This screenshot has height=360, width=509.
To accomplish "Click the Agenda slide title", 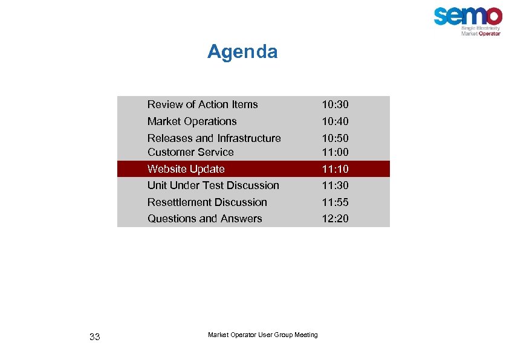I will click(242, 52).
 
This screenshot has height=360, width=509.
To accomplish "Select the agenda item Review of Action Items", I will click(203, 104).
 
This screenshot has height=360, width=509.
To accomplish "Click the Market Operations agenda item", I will click(192, 121).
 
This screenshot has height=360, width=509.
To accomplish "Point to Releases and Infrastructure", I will click(214, 138).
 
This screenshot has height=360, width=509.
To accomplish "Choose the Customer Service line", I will click(190, 152).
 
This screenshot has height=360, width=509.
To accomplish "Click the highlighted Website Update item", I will click(186, 169).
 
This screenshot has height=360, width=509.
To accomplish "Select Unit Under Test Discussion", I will click(213, 185).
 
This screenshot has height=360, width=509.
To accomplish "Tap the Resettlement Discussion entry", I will click(207, 202).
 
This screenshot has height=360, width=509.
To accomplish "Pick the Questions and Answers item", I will click(205, 219).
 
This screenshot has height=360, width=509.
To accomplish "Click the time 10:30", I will click(335, 104).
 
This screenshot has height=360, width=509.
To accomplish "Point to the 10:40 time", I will click(335, 121).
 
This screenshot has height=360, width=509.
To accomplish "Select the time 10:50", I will click(335, 138).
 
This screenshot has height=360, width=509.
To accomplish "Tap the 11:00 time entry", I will click(335, 152).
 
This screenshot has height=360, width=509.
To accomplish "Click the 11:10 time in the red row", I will click(335, 169).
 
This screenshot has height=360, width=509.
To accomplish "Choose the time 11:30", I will click(335, 185).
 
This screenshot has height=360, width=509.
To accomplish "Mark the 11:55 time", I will click(335, 202).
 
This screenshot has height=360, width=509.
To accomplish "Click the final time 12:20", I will click(335, 219).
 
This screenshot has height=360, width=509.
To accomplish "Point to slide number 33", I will click(94, 337).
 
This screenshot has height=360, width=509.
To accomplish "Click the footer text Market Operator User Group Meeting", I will click(262, 335).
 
